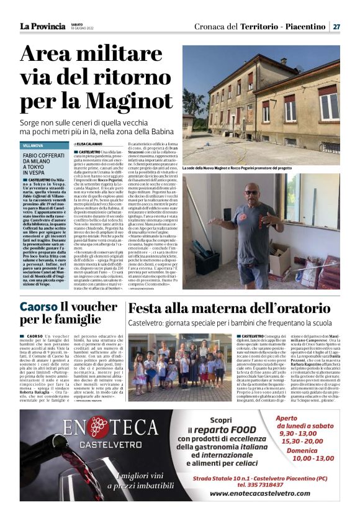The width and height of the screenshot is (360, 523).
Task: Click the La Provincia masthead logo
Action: (42, 26)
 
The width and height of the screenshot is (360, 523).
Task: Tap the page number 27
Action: (336, 27)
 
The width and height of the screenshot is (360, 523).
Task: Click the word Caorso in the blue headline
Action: (38, 307)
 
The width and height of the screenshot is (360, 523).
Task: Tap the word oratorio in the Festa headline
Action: (300, 309)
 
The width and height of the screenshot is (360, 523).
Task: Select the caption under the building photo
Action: (254, 168)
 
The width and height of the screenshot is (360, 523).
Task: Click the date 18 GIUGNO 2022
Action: (84, 29)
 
